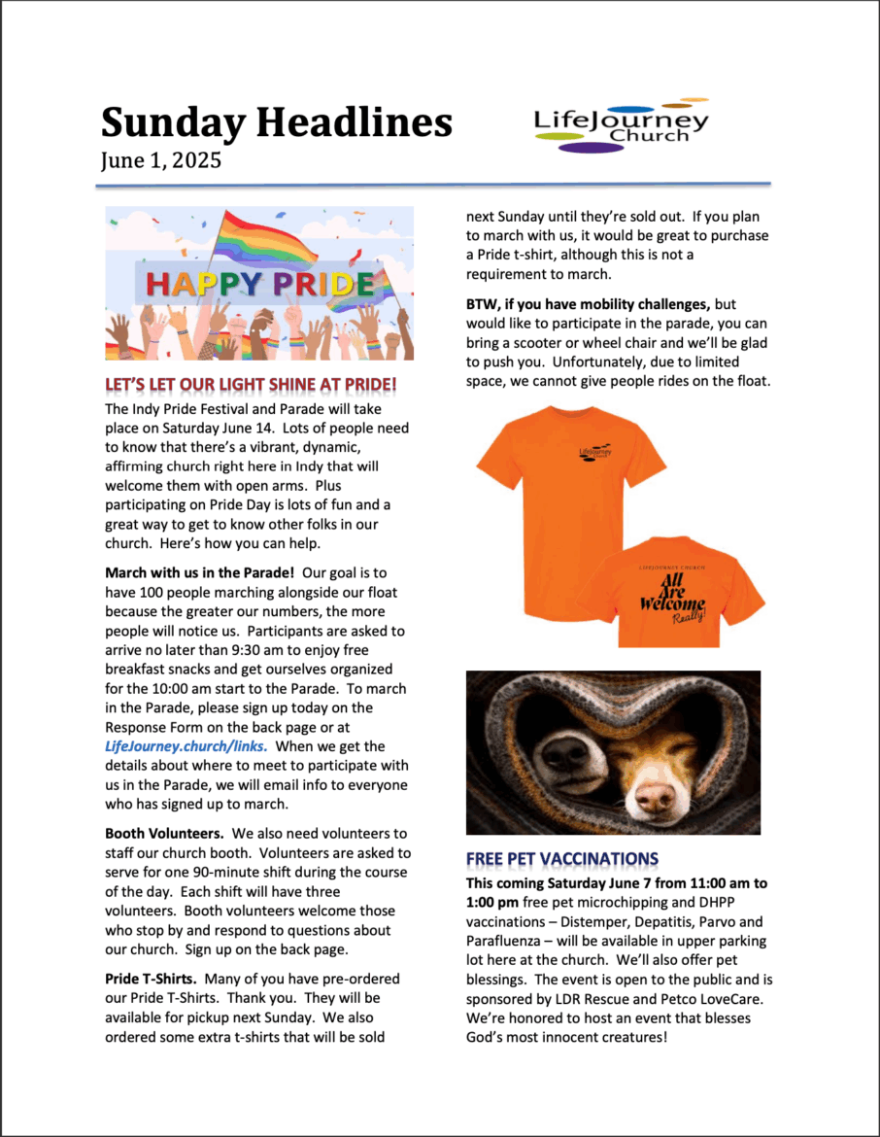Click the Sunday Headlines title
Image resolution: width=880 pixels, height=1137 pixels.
click(277, 122)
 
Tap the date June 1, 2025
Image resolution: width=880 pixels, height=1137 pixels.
click(160, 159)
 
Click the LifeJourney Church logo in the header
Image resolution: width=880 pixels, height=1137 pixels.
click(622, 126)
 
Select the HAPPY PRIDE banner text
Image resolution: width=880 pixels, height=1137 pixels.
click(260, 284)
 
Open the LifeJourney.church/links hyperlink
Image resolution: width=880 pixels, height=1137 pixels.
click(186, 746)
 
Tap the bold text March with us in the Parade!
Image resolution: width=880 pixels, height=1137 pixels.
click(199, 572)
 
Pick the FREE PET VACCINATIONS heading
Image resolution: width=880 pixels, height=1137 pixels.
click(562, 859)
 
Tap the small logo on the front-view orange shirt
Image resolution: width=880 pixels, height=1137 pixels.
click(595, 452)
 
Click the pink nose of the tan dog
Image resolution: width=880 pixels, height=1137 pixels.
click(655, 798)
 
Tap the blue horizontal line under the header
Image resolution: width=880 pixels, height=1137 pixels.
click(436, 183)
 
